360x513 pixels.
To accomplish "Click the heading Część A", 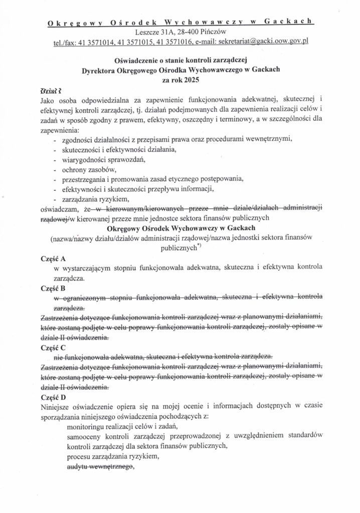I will (53, 259).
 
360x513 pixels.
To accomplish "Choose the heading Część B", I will (53, 288).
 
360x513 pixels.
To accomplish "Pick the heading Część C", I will (53, 347).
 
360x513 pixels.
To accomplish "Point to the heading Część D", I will (53, 396).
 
